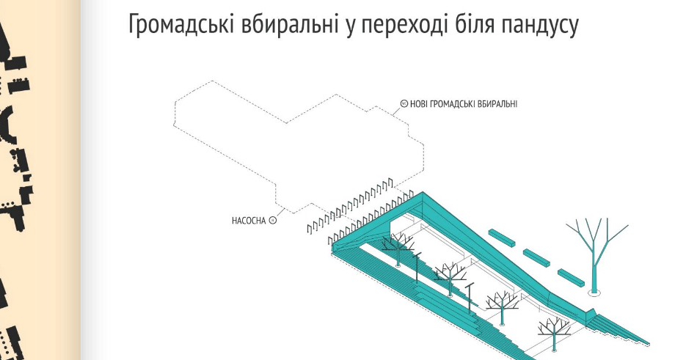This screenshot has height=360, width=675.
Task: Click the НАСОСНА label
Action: click(249, 221)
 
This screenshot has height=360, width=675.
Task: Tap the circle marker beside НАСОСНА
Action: click(272, 220)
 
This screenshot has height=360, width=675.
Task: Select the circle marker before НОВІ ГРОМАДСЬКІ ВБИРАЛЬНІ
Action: click(404, 103)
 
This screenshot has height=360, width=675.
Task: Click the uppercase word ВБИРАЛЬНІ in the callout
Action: click(497, 103)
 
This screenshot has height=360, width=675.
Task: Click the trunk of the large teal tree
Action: click(595, 267)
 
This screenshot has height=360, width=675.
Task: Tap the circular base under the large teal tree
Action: click(595, 293)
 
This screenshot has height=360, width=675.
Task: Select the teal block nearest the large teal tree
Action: click(572, 276)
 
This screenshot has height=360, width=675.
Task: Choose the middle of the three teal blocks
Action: click(537, 257)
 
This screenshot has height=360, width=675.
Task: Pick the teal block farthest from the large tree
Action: click(502, 238)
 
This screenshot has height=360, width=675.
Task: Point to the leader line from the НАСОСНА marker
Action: click(280, 213)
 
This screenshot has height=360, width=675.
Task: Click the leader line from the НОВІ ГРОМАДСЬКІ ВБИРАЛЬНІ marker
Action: click(396, 110)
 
